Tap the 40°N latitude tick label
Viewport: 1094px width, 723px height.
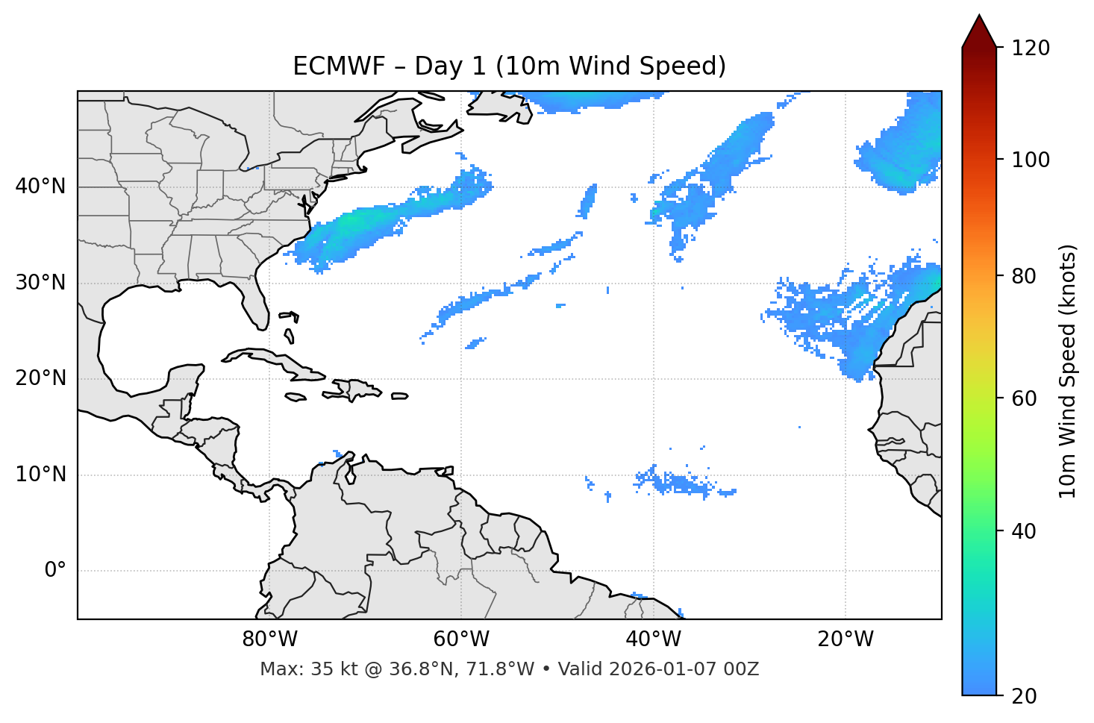(x=40, y=187)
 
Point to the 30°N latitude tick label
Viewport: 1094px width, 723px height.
(x=40, y=283)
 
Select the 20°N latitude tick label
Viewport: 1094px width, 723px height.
(x=40, y=378)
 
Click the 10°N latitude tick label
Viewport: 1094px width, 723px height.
(x=40, y=475)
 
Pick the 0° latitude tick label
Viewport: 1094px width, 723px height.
(x=55, y=571)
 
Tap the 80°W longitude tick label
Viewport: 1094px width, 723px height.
(x=269, y=639)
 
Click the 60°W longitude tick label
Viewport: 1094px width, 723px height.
(x=461, y=639)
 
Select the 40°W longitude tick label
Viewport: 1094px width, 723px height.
(x=653, y=639)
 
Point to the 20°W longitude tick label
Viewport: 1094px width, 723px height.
(x=845, y=639)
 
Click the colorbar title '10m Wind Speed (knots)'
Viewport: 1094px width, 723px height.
(x=1068, y=371)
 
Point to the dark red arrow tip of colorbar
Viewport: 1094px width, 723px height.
(x=979, y=28)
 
